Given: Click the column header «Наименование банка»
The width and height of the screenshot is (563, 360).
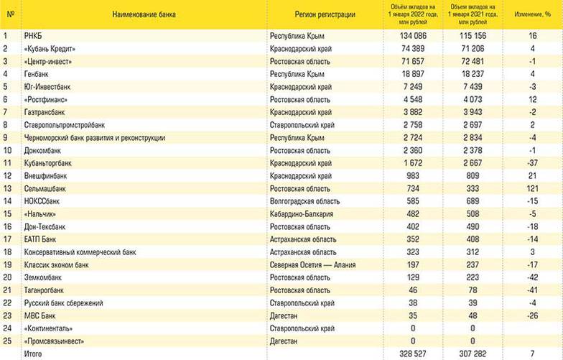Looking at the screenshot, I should click(144, 14).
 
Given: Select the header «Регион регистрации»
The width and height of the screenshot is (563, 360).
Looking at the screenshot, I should click(325, 14).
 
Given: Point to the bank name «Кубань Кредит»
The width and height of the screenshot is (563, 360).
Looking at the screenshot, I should click(50, 48).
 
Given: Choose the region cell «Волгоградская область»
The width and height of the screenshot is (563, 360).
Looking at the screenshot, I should click(309, 201).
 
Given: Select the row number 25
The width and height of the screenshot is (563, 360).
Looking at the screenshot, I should click(8, 341).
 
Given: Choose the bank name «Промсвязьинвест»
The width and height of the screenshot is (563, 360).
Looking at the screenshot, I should click(56, 341).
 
